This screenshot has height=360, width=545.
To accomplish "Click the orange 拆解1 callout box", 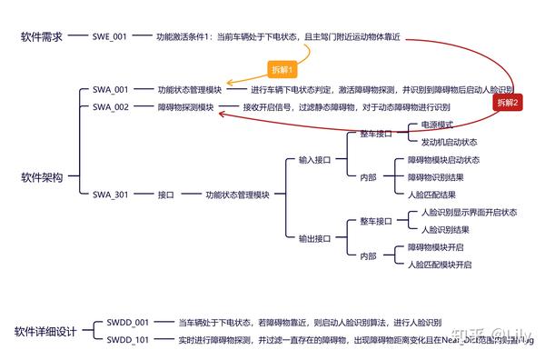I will point(282,68).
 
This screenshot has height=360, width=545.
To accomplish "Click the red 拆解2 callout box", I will point(509,103).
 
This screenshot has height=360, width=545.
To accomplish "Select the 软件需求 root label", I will point(42,36).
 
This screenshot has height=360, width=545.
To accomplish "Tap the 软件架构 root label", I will point(42,177).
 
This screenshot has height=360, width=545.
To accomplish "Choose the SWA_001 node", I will point(111,90).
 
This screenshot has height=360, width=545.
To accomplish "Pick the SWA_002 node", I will point(111,107).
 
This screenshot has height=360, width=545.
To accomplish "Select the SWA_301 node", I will point(111,195).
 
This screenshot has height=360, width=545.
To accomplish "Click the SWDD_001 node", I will point(127,322).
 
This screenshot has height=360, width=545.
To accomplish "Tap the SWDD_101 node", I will point(127,339).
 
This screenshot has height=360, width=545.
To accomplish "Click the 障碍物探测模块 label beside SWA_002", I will point(185,107).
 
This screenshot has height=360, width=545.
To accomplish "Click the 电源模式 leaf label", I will point(431,125).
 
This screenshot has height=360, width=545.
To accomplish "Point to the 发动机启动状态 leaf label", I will point(448,142).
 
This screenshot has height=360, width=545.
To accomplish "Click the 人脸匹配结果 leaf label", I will point(431,195).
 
